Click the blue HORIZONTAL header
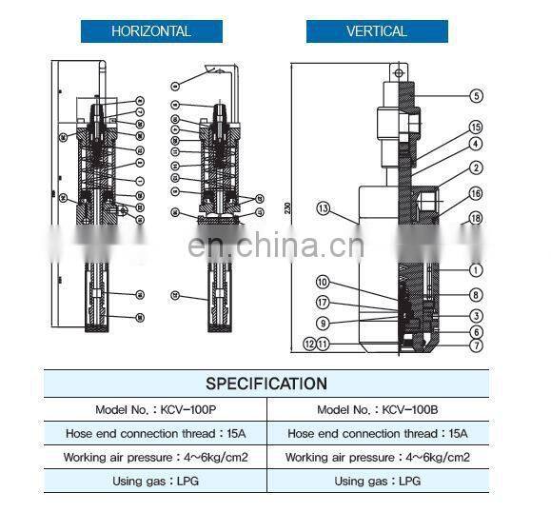(151, 30)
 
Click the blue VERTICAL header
(377, 30)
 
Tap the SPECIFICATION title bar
(266, 384)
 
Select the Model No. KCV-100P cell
(155, 409)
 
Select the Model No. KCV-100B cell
(378, 409)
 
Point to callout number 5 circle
(476, 95)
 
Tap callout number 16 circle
(476, 194)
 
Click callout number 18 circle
(476, 219)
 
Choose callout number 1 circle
(476, 269)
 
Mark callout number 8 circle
(476, 295)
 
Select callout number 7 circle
(476, 346)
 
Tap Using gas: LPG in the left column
(155, 482)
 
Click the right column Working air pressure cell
(378, 458)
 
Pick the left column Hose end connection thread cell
(155, 433)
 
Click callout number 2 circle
(476, 169)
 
